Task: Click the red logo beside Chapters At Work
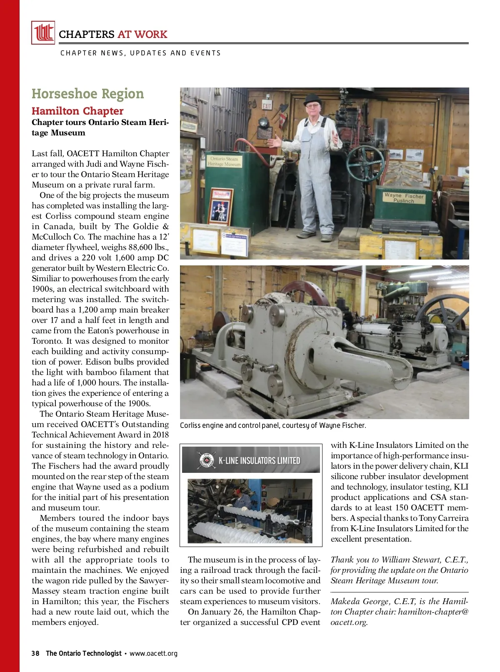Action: click(43, 32)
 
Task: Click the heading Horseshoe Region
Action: click(87, 94)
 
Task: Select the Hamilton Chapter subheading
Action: click(77, 111)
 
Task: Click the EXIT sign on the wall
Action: click(267, 106)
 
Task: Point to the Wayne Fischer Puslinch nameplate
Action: click(404, 197)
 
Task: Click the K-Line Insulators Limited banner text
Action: click(259, 460)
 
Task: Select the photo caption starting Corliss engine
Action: click(273, 425)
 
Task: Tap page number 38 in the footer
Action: click(35, 653)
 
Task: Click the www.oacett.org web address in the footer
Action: click(153, 653)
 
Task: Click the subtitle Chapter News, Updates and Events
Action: click(140, 53)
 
